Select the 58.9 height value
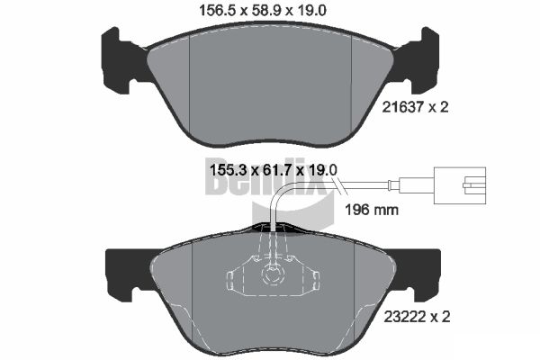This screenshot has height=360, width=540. click(x=272, y=11)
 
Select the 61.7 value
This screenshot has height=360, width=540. click(x=274, y=168)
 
